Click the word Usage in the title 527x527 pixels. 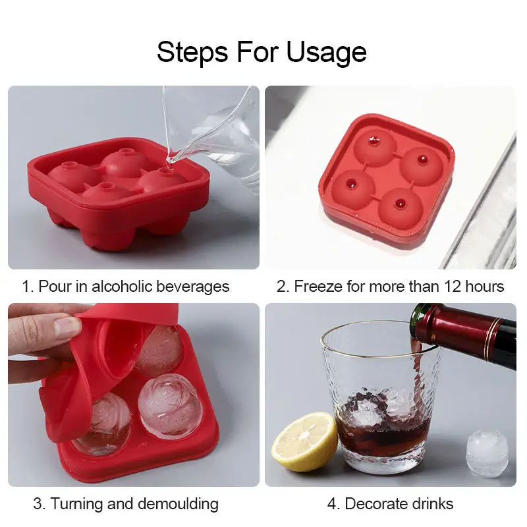tap(326, 53)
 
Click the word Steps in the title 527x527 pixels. tap(192, 53)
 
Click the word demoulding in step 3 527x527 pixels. tap(178, 504)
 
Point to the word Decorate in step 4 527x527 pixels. tap(368, 504)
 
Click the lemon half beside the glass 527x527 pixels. tap(304, 441)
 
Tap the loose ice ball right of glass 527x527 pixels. tap(487, 453)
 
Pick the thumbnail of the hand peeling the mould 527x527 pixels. tap(134, 395)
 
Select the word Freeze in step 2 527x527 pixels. tap(319, 287)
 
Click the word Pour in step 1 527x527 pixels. tap(55, 287)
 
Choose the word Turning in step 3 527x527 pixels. tap(77, 504)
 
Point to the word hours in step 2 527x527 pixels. tap(484, 287)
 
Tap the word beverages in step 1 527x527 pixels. tap(193, 287)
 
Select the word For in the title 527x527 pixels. tap(258, 53)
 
